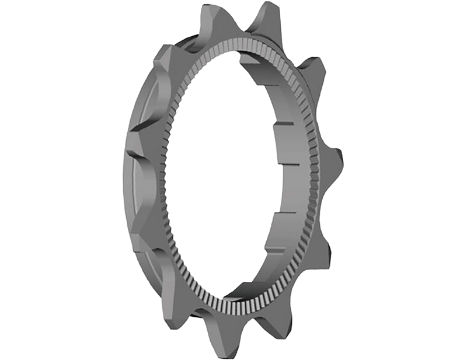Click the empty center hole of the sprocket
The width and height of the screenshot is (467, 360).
tap(228, 175)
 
